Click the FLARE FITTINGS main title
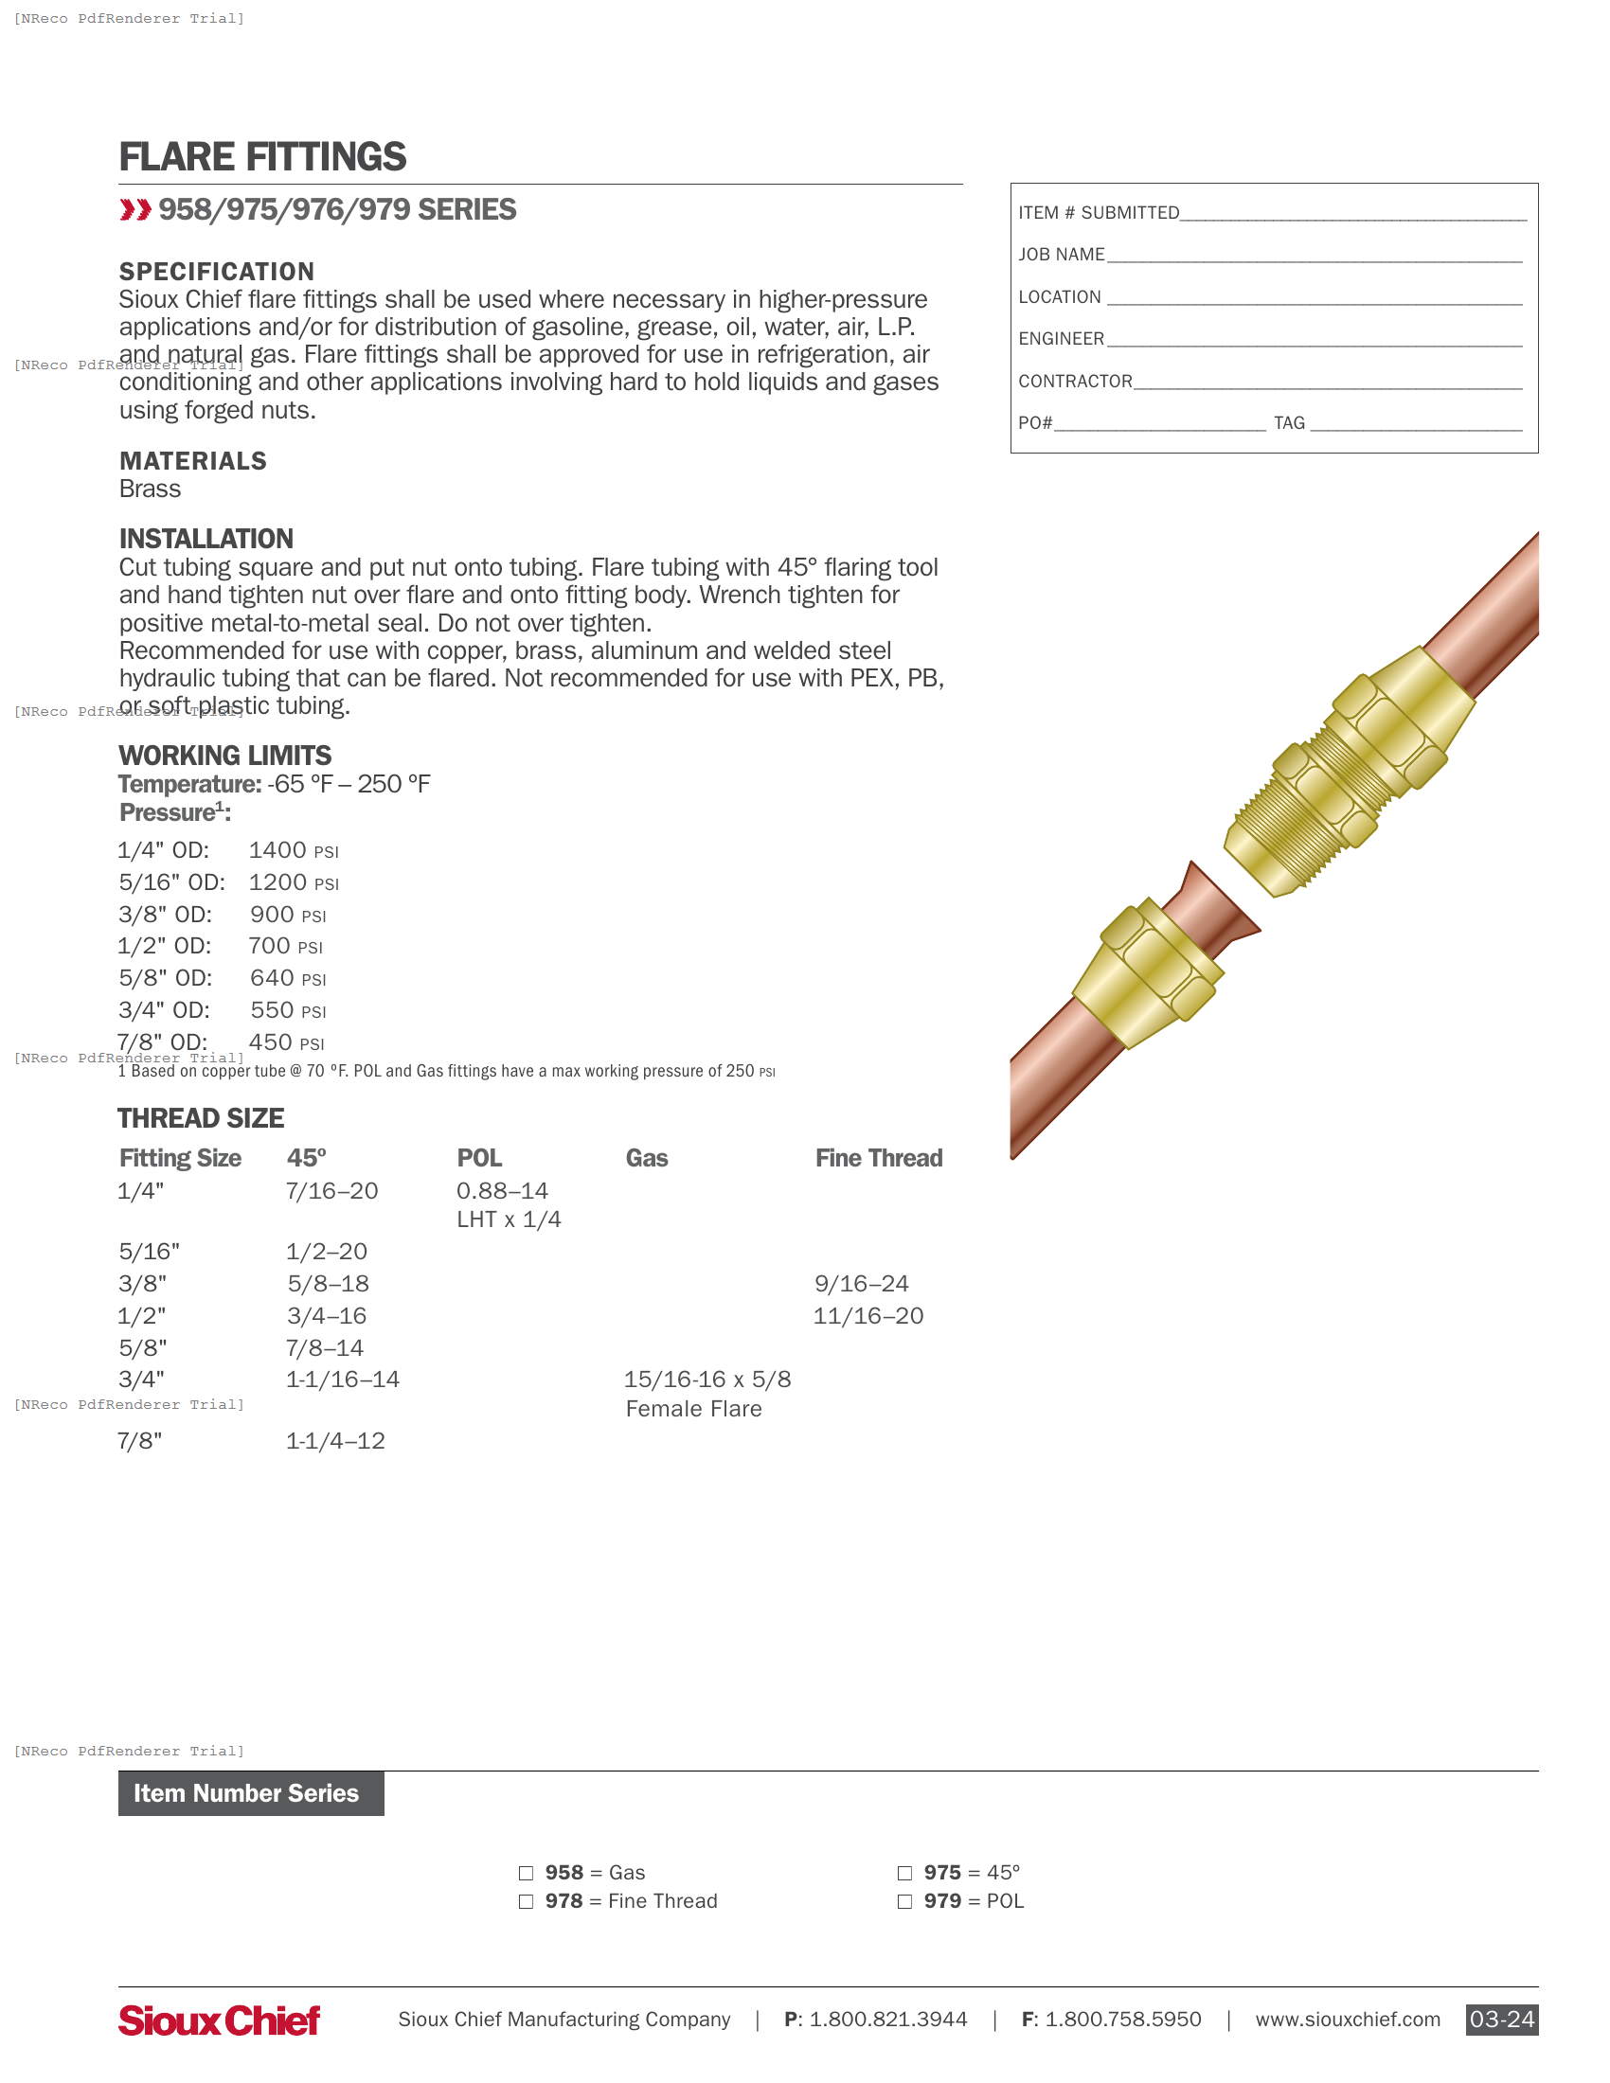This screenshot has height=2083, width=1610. [262, 157]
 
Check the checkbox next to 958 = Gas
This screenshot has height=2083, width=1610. [526, 1873]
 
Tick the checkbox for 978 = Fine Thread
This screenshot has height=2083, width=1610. [526, 1902]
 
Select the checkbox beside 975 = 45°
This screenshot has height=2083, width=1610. [904, 1873]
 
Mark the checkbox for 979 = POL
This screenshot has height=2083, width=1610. [904, 1902]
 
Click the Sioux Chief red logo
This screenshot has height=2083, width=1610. [220, 2021]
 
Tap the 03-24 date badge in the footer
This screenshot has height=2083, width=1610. [1501, 2020]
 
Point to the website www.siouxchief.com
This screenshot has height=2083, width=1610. [1347, 2020]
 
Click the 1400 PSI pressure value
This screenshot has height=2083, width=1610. [293, 851]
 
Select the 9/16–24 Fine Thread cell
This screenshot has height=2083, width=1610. [861, 1284]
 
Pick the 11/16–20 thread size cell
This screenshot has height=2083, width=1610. [868, 1316]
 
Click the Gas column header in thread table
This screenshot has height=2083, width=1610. [647, 1159]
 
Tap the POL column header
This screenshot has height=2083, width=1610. [479, 1159]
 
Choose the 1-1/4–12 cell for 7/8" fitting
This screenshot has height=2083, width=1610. [336, 1441]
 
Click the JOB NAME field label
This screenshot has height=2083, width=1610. [1062, 255]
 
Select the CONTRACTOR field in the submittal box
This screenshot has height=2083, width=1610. [1075, 382]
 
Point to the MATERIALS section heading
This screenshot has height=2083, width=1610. [192, 462]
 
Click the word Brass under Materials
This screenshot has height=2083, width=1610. [150, 490]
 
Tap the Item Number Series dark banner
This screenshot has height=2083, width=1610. [251, 1794]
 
